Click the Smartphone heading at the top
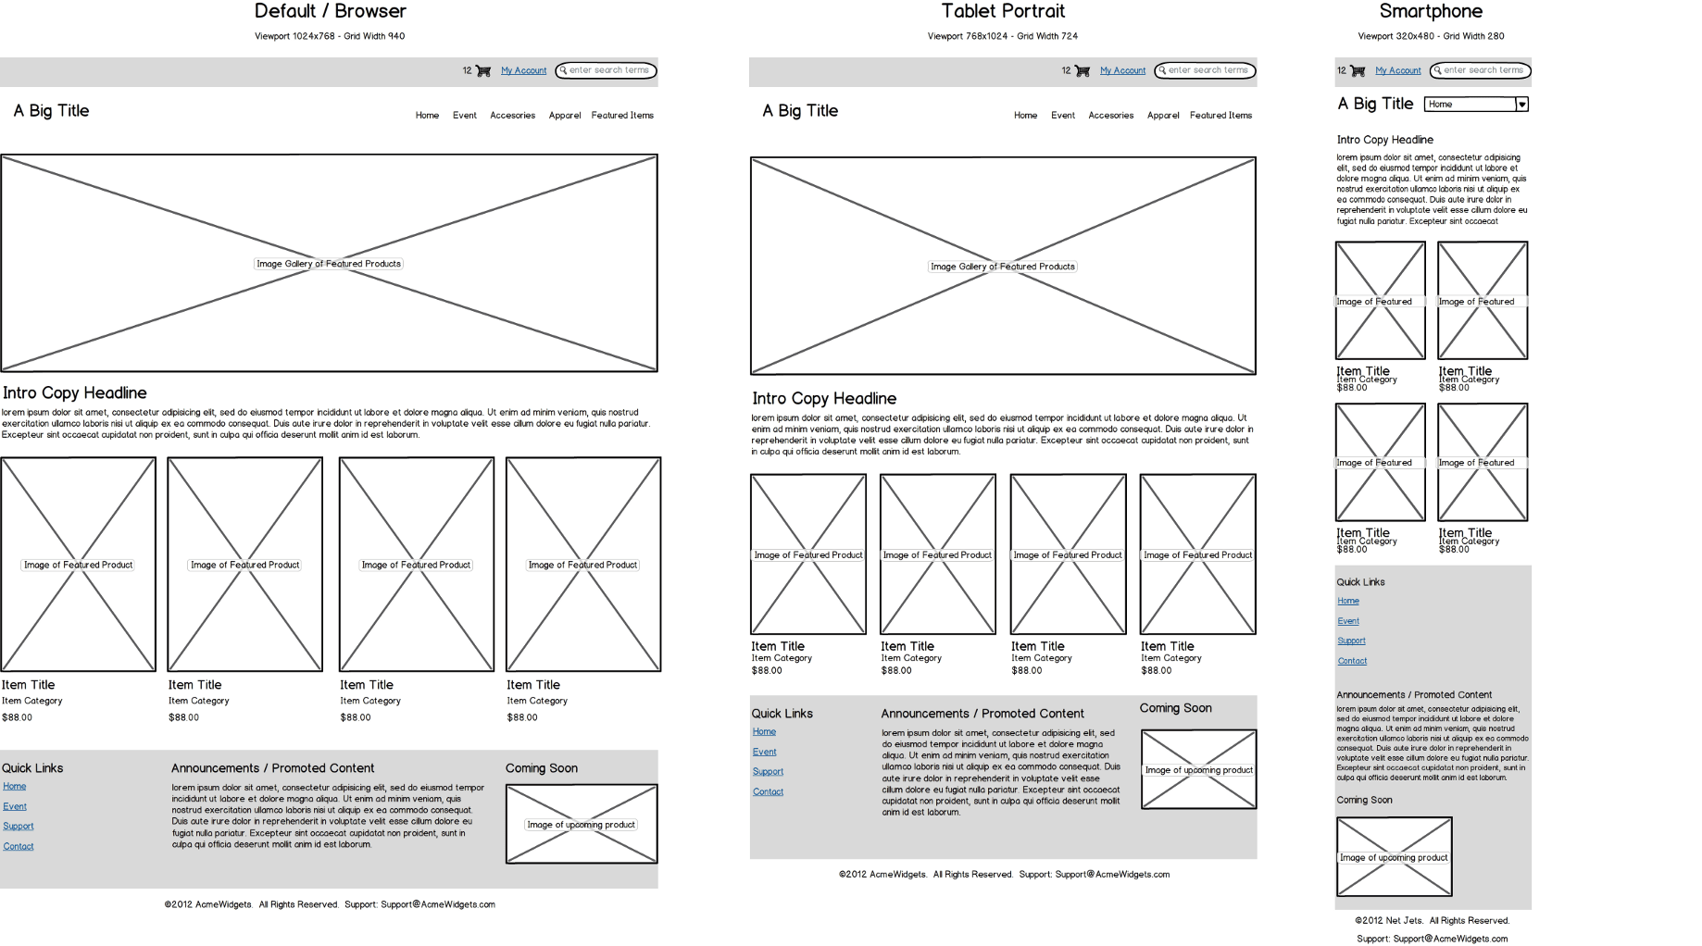(x=1431, y=11)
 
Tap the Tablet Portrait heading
(x=1003, y=11)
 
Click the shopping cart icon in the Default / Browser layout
(x=482, y=70)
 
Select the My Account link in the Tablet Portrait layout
(x=1122, y=70)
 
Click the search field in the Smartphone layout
(x=1483, y=70)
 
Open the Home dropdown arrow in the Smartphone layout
(x=1521, y=105)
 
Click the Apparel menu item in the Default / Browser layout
(x=564, y=116)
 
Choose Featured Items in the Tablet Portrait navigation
(x=1220, y=116)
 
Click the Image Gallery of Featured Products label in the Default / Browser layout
(x=329, y=264)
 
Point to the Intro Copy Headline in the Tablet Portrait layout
(x=824, y=399)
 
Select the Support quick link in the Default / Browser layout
(x=19, y=827)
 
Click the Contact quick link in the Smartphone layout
(x=1352, y=661)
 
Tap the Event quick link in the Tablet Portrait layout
(x=764, y=752)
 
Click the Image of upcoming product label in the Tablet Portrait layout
(x=1198, y=770)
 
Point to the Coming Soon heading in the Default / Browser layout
(x=542, y=768)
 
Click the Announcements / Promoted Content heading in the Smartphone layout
(x=1414, y=695)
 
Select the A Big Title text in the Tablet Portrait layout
(x=800, y=111)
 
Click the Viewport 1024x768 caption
(x=330, y=37)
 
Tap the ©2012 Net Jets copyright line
(x=1432, y=921)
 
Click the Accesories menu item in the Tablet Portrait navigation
(x=1110, y=116)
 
